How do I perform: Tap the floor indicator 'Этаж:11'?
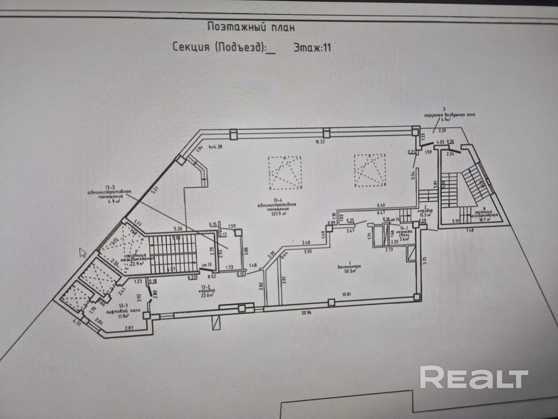tap(312, 47)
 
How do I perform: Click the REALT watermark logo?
tap(474, 377)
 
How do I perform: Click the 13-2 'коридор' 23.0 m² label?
tap(206, 292)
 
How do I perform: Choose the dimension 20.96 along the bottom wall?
tap(307, 313)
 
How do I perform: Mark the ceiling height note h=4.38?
tap(216, 147)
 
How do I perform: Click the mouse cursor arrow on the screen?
tap(82, 252)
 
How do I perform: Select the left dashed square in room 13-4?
tap(285, 173)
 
